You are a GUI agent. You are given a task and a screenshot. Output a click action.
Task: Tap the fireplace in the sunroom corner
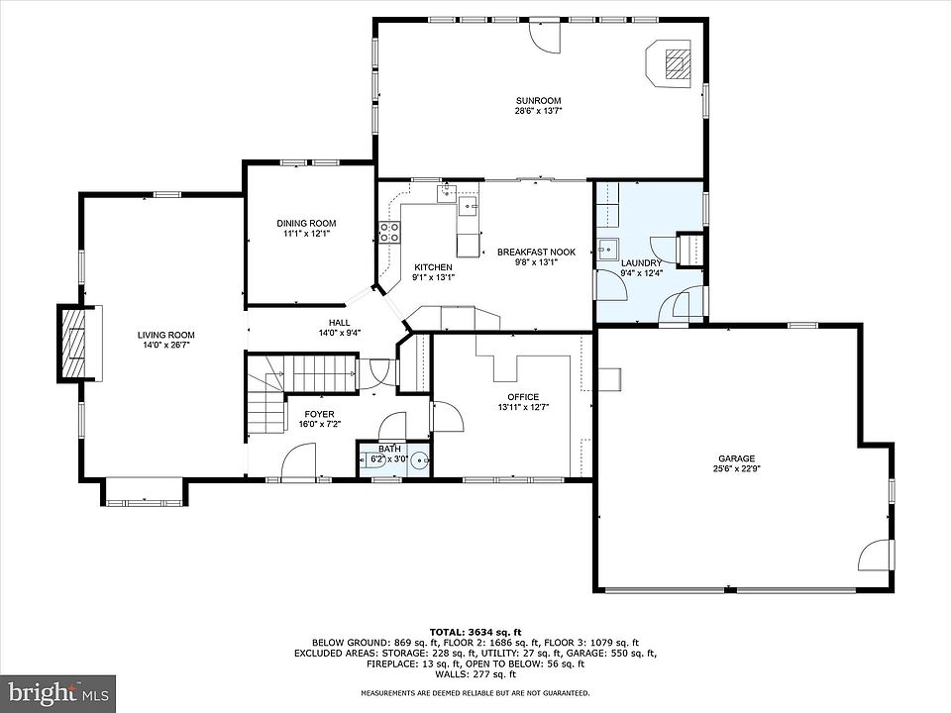(x=668, y=64)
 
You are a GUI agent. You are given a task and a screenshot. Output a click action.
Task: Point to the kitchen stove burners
(x=390, y=232)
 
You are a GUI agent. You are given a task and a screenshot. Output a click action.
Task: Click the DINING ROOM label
(x=306, y=223)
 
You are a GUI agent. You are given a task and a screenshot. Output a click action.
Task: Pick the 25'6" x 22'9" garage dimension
(x=737, y=468)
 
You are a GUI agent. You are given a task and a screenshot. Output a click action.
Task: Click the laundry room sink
(x=606, y=250)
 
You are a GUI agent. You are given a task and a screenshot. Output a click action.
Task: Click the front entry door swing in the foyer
(x=299, y=460)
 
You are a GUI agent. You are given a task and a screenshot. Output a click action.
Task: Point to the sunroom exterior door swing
(x=545, y=37)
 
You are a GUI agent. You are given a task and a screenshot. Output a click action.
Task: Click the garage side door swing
(x=875, y=555)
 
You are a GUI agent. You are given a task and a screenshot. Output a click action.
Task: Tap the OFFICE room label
(x=523, y=397)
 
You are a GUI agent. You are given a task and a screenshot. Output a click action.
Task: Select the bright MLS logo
(x=58, y=692)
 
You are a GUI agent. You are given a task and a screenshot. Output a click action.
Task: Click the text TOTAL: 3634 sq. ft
(x=475, y=632)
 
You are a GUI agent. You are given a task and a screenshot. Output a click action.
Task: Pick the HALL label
(x=339, y=323)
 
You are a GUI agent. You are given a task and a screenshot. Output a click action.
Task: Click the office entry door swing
(x=448, y=416)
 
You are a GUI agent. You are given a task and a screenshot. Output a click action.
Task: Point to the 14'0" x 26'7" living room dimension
(x=165, y=345)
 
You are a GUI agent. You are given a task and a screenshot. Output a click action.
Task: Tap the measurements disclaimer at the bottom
(x=475, y=692)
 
